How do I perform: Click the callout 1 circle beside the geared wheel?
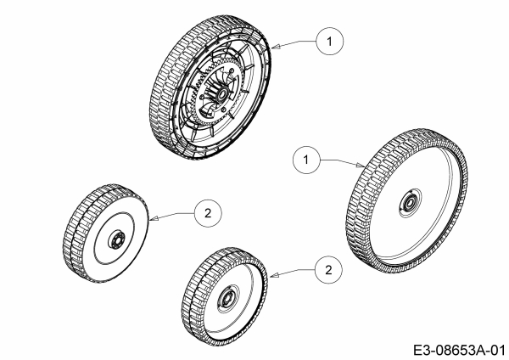[331, 39]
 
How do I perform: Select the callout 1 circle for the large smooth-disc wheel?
[302, 158]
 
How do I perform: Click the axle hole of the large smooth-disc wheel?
[407, 203]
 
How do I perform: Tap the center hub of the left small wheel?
[115, 238]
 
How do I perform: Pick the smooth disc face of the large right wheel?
[424, 229]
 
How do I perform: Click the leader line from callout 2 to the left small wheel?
[174, 217]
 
